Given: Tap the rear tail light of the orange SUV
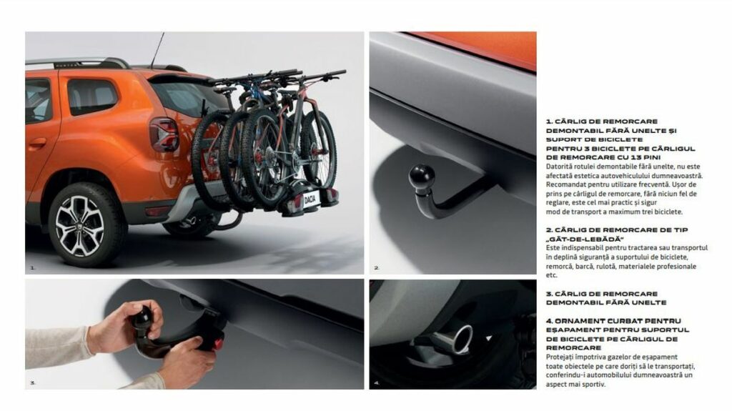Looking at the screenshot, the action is (164, 134).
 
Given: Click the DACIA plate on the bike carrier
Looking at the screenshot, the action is (310, 199).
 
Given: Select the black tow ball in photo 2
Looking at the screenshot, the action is (422, 177).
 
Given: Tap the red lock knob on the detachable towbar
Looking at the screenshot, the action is (218, 345).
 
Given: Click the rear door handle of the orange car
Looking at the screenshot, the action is (37, 144).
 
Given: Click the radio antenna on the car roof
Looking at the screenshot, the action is (157, 51).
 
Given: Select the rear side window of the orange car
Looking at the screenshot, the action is (92, 96).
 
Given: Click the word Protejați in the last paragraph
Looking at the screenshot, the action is (560, 357).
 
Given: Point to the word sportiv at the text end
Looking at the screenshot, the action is (595, 385).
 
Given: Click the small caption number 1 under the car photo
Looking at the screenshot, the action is (33, 268).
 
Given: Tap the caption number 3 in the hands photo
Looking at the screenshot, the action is (33, 383).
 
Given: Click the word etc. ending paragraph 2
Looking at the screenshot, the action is (552, 276).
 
